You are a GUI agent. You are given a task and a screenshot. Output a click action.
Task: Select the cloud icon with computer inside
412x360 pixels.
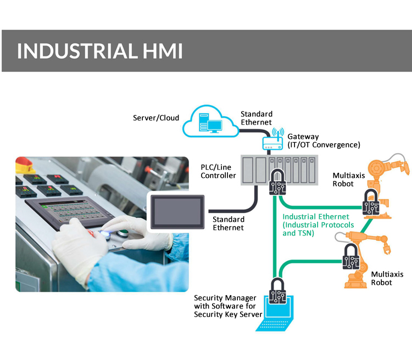211,122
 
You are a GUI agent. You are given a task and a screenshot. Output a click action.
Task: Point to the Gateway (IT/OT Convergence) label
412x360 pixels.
324,140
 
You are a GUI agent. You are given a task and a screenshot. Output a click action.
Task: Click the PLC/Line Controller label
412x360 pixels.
218,171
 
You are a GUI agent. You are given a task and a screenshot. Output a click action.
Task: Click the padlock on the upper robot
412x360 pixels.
372,204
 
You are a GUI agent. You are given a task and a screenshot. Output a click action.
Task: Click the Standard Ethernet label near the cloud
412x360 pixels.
257,118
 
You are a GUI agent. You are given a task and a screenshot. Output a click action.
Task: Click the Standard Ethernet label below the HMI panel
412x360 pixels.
228,223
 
